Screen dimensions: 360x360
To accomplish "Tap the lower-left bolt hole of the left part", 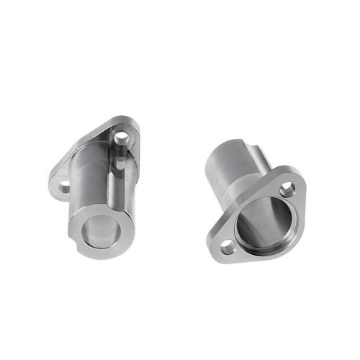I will (64, 186).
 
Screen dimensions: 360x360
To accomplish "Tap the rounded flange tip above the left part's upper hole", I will (129, 123).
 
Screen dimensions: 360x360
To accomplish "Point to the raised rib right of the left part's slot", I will (124, 180).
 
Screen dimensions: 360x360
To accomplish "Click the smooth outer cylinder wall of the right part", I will (223, 169).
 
